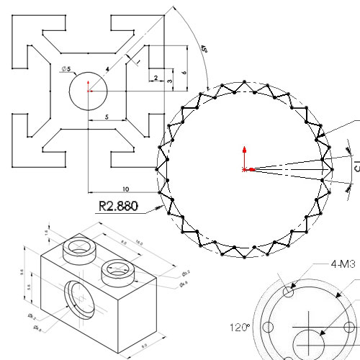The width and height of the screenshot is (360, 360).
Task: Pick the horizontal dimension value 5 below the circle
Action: [x=106, y=116]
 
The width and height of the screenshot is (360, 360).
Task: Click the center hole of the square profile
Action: [x=88, y=90]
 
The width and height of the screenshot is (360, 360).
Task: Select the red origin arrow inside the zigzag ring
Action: [x=246, y=161]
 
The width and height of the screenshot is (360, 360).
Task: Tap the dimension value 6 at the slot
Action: [x=185, y=73]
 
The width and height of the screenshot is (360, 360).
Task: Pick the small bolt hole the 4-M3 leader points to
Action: [x=290, y=292]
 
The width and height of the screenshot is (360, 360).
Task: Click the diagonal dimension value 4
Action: [x=107, y=69]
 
